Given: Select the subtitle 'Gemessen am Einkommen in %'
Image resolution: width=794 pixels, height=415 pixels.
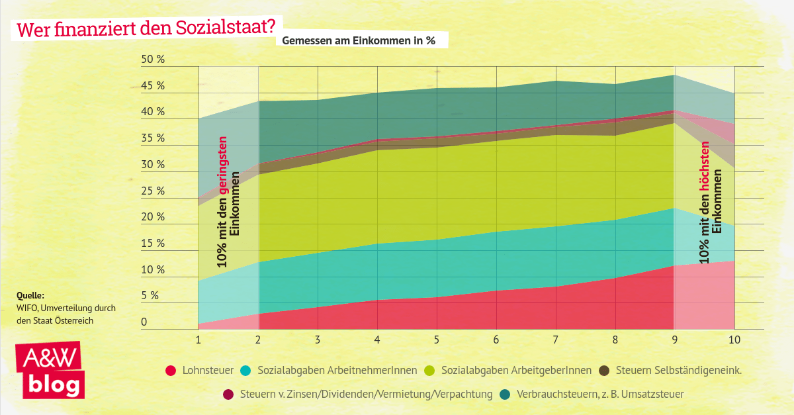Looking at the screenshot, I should [x=359, y=40].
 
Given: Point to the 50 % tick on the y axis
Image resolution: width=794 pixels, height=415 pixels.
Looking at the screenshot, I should [x=152, y=60].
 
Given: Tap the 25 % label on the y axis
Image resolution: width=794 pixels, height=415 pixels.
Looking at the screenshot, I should [x=152, y=191].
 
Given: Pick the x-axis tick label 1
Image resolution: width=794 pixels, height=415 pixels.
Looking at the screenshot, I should [x=198, y=340].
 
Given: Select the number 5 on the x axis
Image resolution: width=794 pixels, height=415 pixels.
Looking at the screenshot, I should [x=436, y=340].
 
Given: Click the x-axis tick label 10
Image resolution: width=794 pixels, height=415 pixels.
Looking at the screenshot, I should [x=734, y=340].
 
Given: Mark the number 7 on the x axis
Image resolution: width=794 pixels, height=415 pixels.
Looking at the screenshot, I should [x=555, y=340].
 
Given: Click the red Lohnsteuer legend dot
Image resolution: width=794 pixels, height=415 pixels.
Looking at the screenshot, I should [x=171, y=371].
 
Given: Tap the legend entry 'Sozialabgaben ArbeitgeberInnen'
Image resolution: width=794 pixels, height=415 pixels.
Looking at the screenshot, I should [x=516, y=371].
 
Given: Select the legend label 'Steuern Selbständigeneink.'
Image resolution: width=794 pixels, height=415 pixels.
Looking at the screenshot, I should [x=678, y=371].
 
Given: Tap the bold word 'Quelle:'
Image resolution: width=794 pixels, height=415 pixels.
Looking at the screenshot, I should [x=30, y=295].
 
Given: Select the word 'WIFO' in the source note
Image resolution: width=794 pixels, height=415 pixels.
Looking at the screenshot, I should [x=27, y=308].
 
